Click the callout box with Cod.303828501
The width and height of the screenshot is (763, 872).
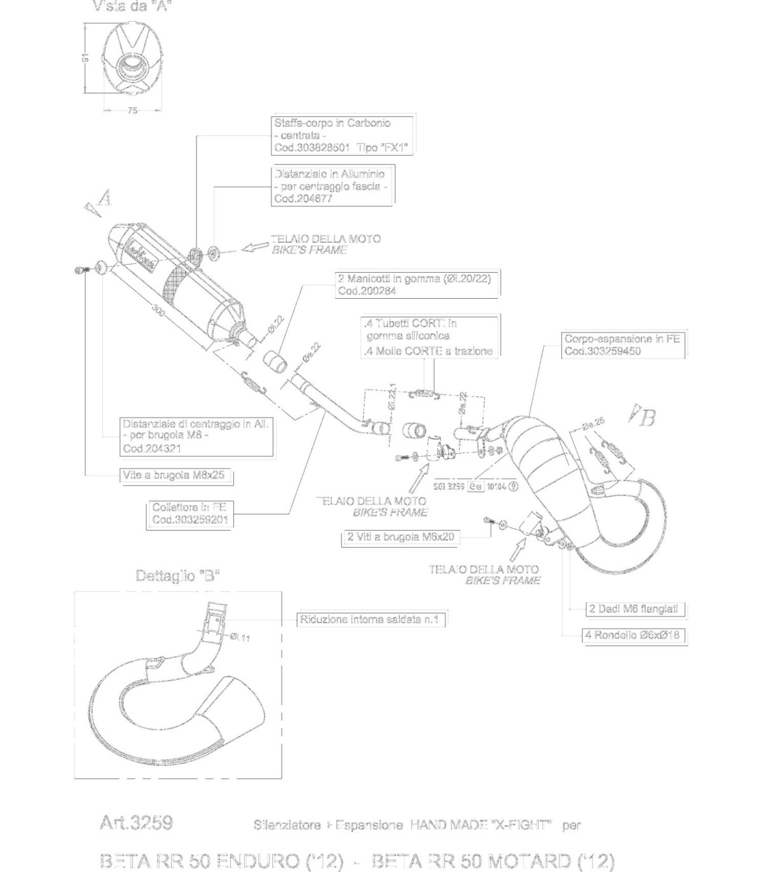[x=341, y=135]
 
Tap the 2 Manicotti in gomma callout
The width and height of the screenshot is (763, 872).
[x=416, y=285]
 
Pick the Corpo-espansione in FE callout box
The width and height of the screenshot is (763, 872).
[x=622, y=345]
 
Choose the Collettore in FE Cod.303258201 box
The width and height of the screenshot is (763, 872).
[x=189, y=514]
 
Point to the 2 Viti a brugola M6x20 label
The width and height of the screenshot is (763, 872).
[x=401, y=537]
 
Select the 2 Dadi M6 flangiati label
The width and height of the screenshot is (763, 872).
[x=634, y=609]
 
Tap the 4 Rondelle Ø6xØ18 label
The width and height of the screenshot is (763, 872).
[x=633, y=634]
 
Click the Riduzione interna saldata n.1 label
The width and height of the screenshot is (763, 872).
[x=370, y=619]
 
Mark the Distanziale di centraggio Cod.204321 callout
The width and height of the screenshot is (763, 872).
[x=196, y=436]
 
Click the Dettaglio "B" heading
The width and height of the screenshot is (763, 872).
[x=177, y=576]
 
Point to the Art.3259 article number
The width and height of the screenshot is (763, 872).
[x=136, y=822]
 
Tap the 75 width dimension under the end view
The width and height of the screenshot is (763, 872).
[x=132, y=111]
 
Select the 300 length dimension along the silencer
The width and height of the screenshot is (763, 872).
[x=158, y=311]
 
